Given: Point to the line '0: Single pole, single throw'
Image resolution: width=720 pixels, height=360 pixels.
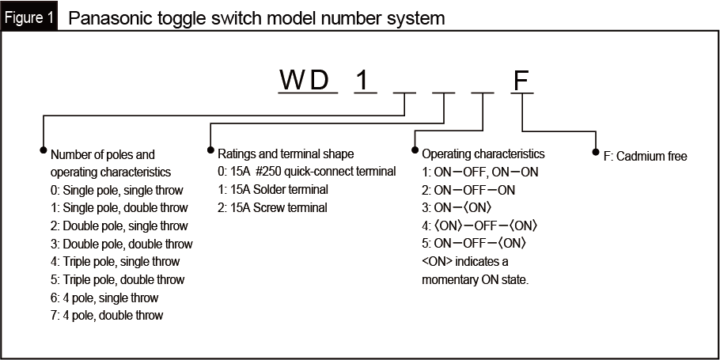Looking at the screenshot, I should pyautogui.click(x=116, y=190).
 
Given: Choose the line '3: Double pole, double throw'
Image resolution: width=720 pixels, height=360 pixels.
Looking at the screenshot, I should pyautogui.click(x=121, y=244).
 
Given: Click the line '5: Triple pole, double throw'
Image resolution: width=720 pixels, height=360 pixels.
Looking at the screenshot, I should pyautogui.click(x=117, y=279).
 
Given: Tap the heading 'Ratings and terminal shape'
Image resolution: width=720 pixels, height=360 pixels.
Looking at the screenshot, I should pyautogui.click(x=286, y=153).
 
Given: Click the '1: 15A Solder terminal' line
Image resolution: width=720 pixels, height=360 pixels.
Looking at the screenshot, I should pyautogui.click(x=272, y=190).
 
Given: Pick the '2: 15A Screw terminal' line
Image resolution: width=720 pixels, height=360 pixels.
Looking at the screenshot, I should pyautogui.click(x=271, y=207).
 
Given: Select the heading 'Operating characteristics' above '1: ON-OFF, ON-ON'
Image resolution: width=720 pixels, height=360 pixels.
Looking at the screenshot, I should pyautogui.click(x=483, y=153).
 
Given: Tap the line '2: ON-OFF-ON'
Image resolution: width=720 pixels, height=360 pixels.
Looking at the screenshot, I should pyautogui.click(x=468, y=190).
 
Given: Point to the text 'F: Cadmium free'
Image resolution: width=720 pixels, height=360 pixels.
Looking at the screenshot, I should pyautogui.click(x=645, y=157).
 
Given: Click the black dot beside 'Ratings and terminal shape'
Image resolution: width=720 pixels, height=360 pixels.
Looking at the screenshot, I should pyautogui.click(x=210, y=149).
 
